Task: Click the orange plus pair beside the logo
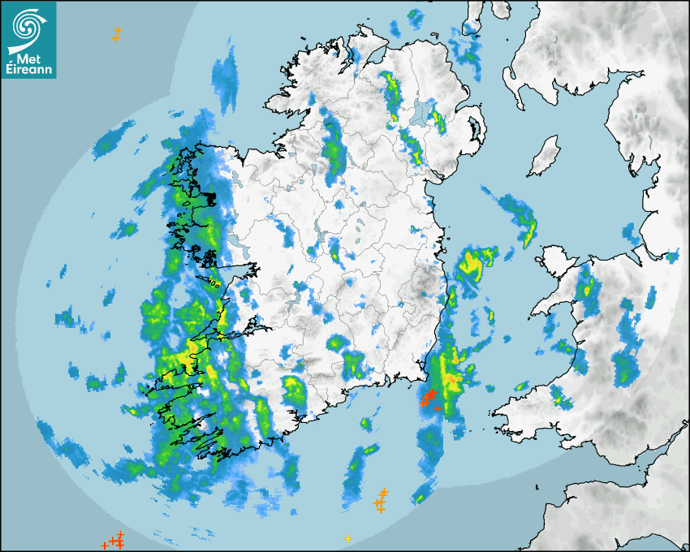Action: pyautogui.click(x=117, y=34)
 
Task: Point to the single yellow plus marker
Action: pyautogui.click(x=348, y=538)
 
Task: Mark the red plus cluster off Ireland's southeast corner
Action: pyautogui.click(x=429, y=398)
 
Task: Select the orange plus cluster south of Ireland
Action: pyautogui.click(x=380, y=502)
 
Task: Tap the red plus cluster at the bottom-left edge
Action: pyautogui.click(x=114, y=540)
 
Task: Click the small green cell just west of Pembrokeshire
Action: pyautogui.click(x=558, y=396)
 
